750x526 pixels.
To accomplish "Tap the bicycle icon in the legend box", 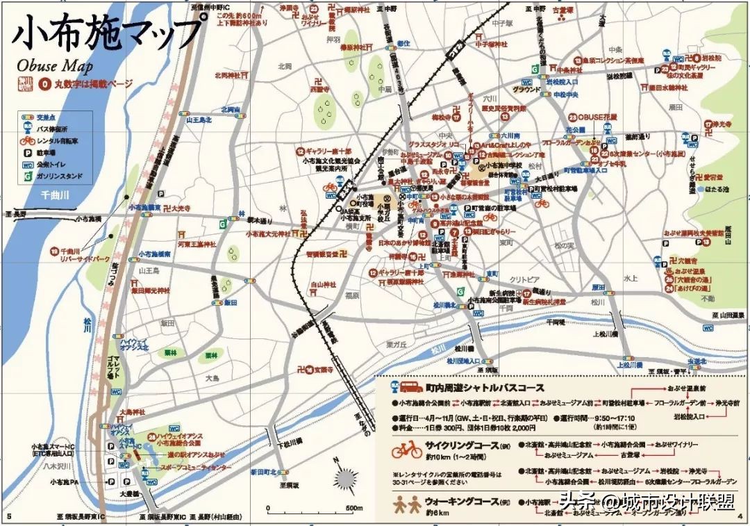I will point(28,141).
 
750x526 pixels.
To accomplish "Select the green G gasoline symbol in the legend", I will point(28,176).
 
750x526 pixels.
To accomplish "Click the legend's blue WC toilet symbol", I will point(28,165).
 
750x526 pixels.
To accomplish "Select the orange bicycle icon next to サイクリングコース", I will point(406,450).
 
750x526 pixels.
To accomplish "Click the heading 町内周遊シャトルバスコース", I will point(485,388).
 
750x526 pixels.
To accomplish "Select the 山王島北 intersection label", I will point(198,120).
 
